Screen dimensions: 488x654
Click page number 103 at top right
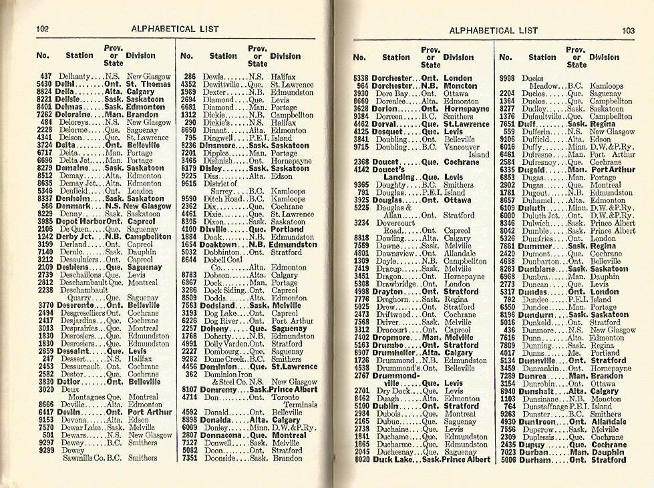(x=628, y=30)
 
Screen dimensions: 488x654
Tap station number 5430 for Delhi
(x=44, y=85)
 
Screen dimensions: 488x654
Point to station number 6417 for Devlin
(x=44, y=413)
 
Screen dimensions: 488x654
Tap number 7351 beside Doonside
(x=189, y=459)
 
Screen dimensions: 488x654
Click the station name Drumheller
(x=394, y=352)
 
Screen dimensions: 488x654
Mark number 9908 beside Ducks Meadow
(x=507, y=77)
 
